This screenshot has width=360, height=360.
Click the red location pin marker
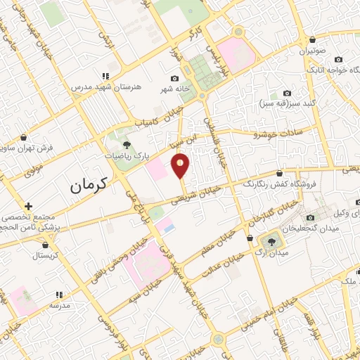181,166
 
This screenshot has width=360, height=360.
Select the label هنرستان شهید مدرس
106,86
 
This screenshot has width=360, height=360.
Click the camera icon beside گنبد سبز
287,94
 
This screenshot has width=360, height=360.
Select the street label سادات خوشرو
278,132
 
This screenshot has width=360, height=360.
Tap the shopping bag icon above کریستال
46,245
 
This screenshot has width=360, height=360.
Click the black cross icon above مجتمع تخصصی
28,206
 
